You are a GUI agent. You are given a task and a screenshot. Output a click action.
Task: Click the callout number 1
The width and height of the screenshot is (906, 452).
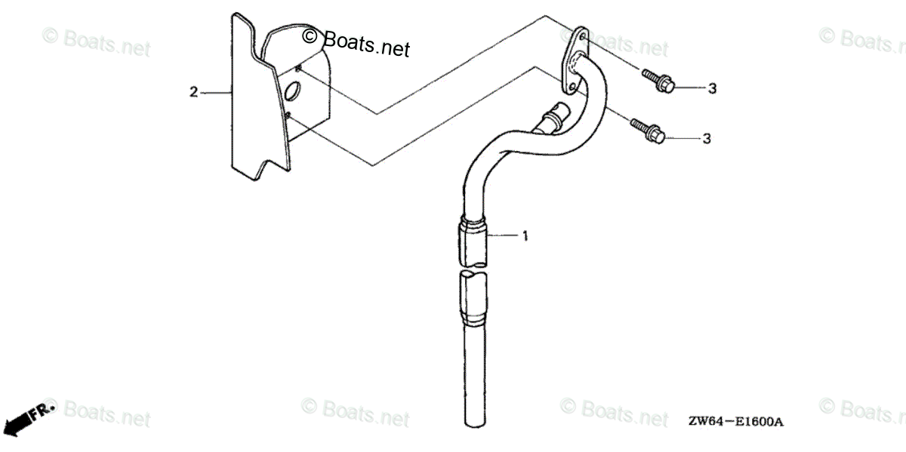525,236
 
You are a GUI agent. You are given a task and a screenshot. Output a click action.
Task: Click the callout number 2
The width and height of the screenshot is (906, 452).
193,92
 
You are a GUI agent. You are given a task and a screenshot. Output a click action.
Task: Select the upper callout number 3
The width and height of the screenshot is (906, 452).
710,89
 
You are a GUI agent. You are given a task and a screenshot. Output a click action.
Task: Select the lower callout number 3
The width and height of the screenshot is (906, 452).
707,139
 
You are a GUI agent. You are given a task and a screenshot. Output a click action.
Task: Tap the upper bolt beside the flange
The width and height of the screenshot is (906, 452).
658,80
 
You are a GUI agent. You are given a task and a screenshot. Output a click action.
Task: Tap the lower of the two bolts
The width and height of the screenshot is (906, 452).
646,131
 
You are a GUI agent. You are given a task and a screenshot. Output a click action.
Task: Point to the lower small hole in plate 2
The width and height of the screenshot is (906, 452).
289,115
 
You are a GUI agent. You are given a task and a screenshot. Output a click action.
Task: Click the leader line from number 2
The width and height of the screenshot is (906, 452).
214,92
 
